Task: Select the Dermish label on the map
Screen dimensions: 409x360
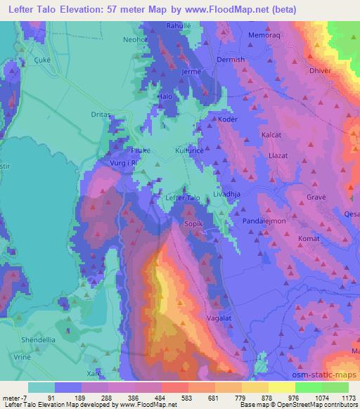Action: pos(231,60)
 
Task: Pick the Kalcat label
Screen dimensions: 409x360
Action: pos(271,134)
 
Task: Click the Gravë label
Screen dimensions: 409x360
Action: pos(316,197)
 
